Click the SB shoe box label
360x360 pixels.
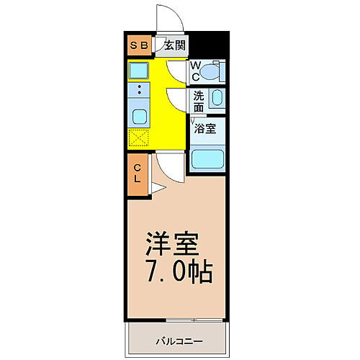coord(139,45)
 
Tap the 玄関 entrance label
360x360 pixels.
coord(174,45)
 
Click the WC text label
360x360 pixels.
coord(195,71)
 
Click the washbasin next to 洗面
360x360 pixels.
coord(218,99)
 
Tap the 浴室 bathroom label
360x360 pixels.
coord(205,130)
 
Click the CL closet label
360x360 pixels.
coord(138,175)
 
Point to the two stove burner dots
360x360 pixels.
coord(139,91)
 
